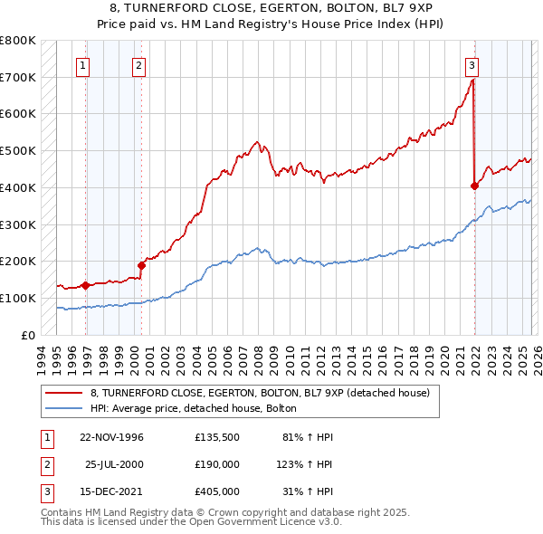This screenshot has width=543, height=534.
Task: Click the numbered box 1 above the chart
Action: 83,64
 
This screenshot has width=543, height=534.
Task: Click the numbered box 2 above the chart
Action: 139,64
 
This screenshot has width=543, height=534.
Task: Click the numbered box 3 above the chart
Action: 472,64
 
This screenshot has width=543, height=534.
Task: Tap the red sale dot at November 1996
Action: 85,285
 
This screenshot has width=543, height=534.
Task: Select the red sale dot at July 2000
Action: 142,265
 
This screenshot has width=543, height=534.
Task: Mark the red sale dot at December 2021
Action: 474,186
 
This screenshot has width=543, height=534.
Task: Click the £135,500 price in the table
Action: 216,437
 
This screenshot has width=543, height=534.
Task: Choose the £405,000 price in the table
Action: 216,493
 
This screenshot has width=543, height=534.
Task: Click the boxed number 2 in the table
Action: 44,465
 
